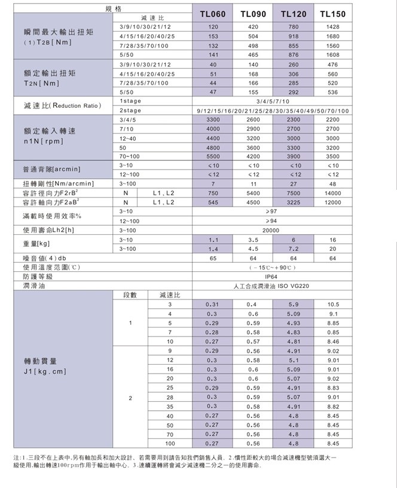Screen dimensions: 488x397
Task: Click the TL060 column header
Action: coord(212,14)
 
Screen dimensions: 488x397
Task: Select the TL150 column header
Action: coord(333,14)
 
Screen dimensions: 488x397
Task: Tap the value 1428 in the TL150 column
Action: coord(333,28)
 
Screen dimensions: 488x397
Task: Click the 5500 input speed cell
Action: coord(213,156)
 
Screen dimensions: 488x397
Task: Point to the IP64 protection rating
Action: coord(271,277)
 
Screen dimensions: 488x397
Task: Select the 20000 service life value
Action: coord(271,230)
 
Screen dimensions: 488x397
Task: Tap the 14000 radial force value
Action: coord(333,193)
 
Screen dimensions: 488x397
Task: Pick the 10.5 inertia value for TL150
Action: coord(334,305)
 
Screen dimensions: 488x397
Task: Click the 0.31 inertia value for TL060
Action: coord(212,305)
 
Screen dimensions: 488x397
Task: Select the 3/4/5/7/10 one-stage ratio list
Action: coord(273,102)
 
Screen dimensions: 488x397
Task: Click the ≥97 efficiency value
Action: coord(271,211)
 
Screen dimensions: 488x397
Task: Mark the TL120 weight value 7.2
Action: coord(293,248)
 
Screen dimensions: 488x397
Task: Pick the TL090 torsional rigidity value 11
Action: coord(253,184)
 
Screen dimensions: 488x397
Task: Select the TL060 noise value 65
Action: coord(213,258)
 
